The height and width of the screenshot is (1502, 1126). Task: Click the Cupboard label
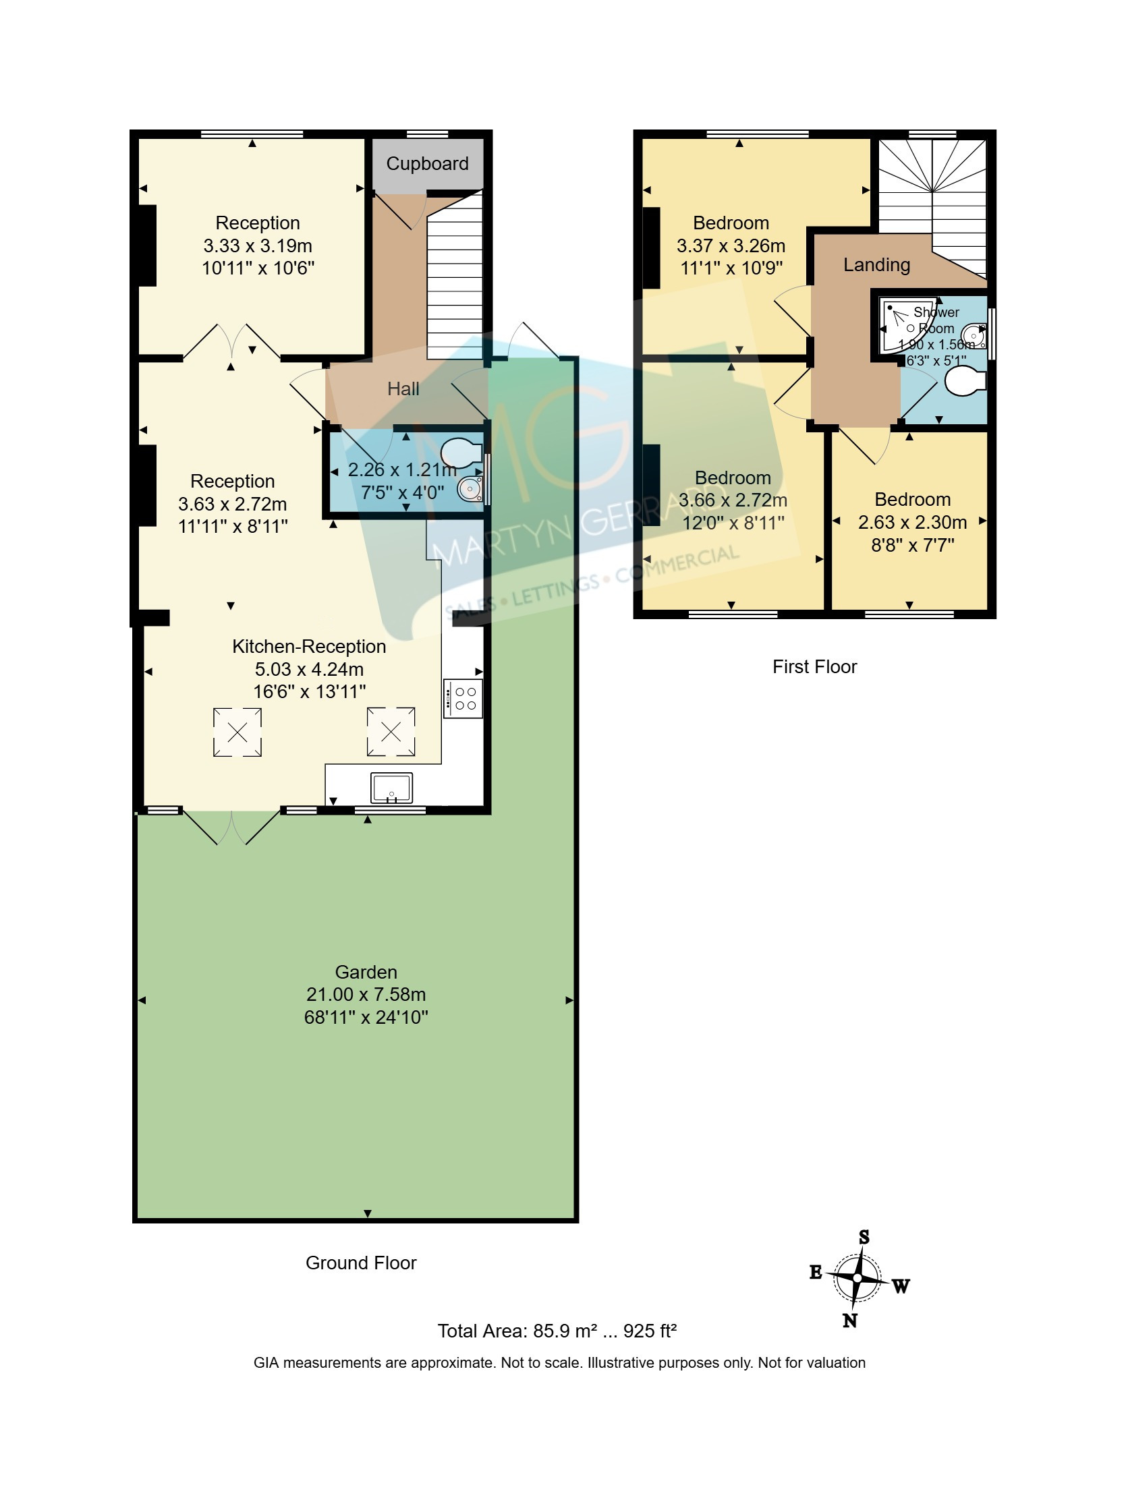tap(427, 164)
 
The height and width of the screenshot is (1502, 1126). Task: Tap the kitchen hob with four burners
tap(463, 699)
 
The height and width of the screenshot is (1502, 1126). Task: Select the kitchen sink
tap(391, 788)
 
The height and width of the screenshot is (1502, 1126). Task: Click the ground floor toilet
tap(461, 453)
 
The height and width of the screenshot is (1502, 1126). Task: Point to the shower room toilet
tap(965, 382)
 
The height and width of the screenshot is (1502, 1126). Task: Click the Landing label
tap(877, 265)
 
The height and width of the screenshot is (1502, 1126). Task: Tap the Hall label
tap(403, 389)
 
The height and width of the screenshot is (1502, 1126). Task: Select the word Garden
tap(366, 973)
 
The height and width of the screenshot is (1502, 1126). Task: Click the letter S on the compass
tap(864, 1236)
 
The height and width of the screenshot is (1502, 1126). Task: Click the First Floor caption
tap(814, 667)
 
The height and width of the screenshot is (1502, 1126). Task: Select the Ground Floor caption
tap(361, 1263)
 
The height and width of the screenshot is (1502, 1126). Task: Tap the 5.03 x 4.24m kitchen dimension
tap(309, 670)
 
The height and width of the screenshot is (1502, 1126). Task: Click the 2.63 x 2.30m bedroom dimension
tap(912, 522)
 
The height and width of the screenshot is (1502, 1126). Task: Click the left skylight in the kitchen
tap(237, 732)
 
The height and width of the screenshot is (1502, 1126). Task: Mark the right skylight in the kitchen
tap(391, 732)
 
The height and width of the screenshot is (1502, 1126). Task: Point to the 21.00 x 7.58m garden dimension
tap(366, 995)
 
